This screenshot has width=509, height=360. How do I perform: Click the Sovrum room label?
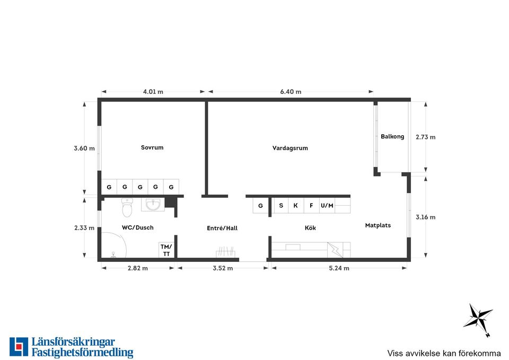(152, 147)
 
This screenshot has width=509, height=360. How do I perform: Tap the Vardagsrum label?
(290, 148)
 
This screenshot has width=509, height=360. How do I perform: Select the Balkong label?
(392, 137)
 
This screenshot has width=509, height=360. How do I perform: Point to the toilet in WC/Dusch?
(127, 207)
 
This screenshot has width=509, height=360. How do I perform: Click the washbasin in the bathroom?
(153, 205)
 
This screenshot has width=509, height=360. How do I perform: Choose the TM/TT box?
(166, 250)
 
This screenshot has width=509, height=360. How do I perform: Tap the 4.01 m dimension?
(153, 92)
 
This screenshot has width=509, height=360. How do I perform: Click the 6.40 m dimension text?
(291, 92)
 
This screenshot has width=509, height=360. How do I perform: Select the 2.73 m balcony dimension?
(425, 137)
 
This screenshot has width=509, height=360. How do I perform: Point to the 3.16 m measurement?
(425, 217)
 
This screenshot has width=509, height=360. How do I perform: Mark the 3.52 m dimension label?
(223, 268)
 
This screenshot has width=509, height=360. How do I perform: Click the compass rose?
(478, 318)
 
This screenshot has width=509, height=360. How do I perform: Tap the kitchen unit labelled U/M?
(327, 206)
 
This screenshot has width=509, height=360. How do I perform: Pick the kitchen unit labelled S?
(281, 206)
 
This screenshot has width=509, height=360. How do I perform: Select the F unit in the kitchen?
(312, 206)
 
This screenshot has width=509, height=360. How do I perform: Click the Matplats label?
(378, 225)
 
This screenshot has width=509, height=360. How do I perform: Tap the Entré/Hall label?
(222, 228)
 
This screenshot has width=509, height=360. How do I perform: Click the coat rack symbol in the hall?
(226, 252)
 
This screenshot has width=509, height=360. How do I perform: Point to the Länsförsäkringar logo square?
(19, 347)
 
